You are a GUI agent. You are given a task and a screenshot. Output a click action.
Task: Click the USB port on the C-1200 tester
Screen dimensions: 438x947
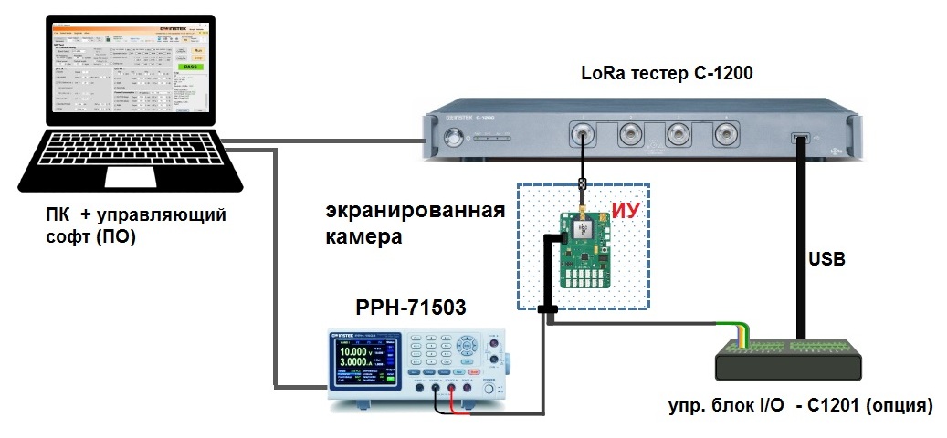pos(801,138)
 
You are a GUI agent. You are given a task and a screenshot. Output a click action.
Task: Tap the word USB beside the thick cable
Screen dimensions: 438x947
pos(826,260)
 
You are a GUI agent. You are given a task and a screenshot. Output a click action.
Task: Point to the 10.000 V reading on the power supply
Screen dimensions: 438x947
pos(357,351)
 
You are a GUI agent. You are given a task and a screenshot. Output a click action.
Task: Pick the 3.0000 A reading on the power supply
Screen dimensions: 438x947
pos(357,364)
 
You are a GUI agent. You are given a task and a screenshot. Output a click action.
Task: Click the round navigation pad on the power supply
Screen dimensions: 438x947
pos(468,345)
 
